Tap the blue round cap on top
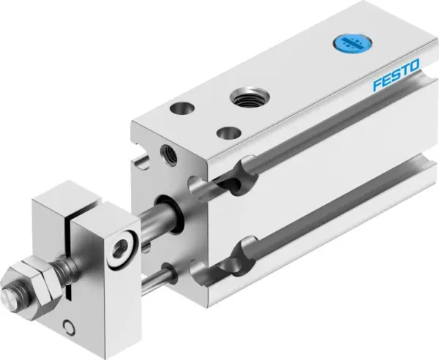345,42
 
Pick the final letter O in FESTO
414,70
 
